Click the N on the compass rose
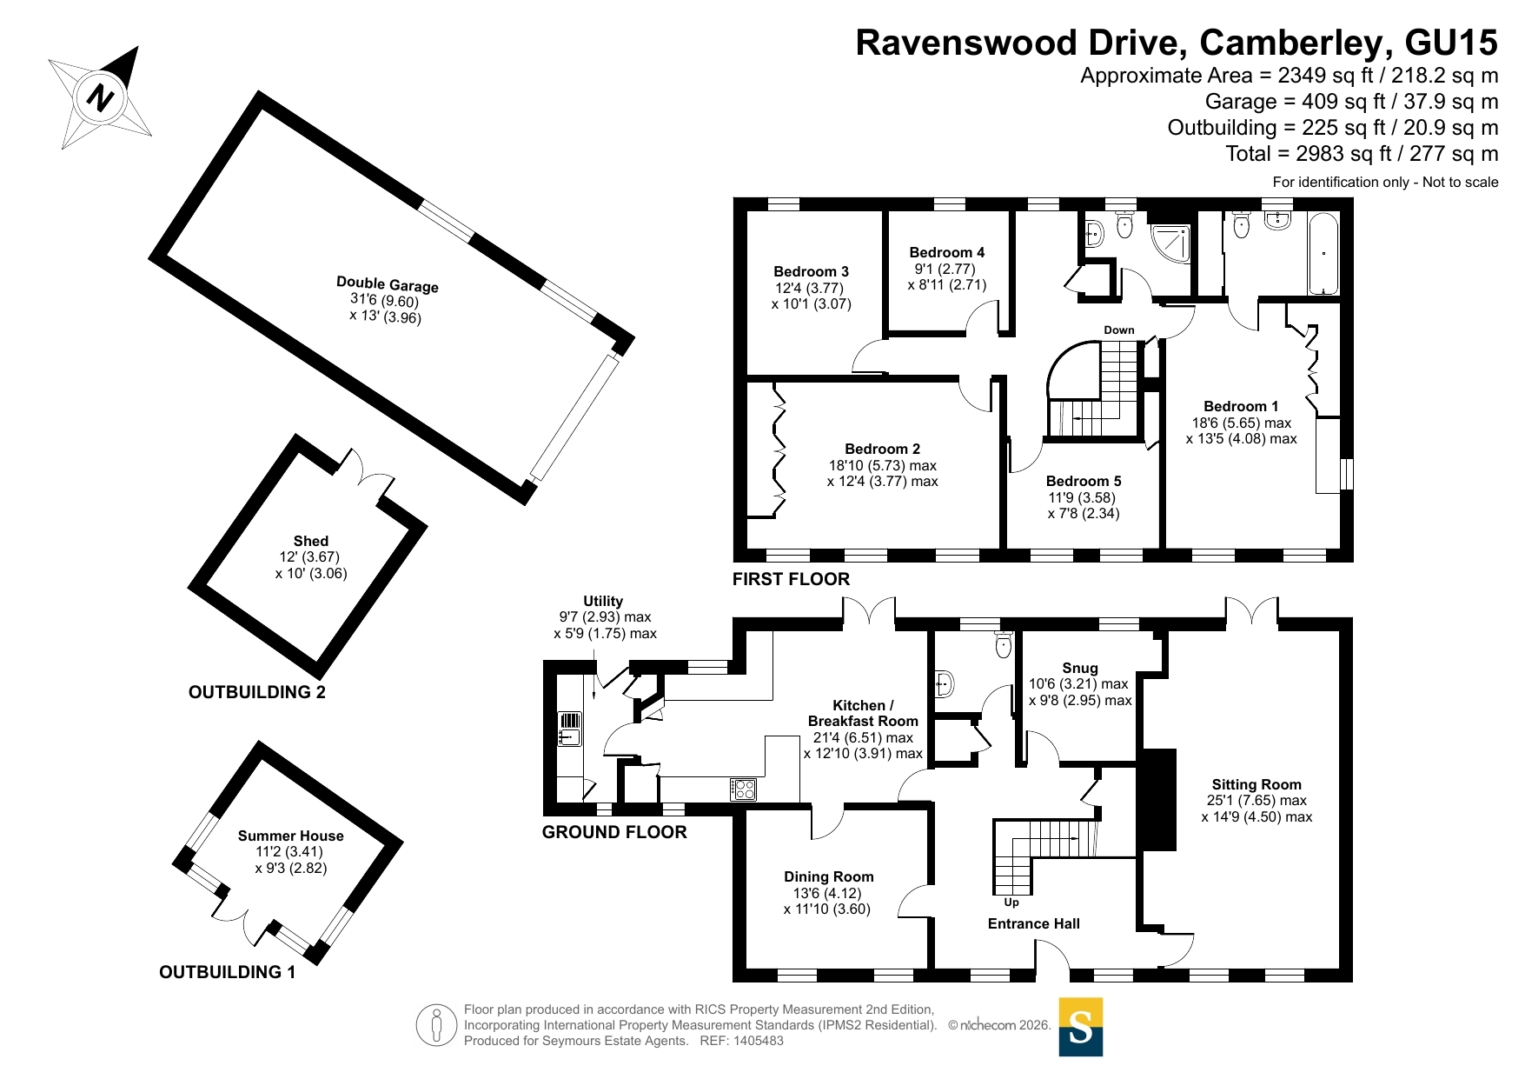(101, 97)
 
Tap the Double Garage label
(388, 284)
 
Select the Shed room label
(310, 541)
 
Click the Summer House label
(291, 836)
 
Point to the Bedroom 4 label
(947, 252)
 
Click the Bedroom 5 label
(1084, 481)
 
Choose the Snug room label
(1080, 668)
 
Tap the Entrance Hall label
(1034, 923)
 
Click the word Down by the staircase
(1119, 330)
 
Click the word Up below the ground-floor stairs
(1011, 902)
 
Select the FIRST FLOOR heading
(791, 579)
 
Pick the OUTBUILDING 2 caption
(257, 692)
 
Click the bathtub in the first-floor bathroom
(1323, 253)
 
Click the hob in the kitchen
(743, 789)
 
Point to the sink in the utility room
(570, 729)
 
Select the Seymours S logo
(1081, 1027)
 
